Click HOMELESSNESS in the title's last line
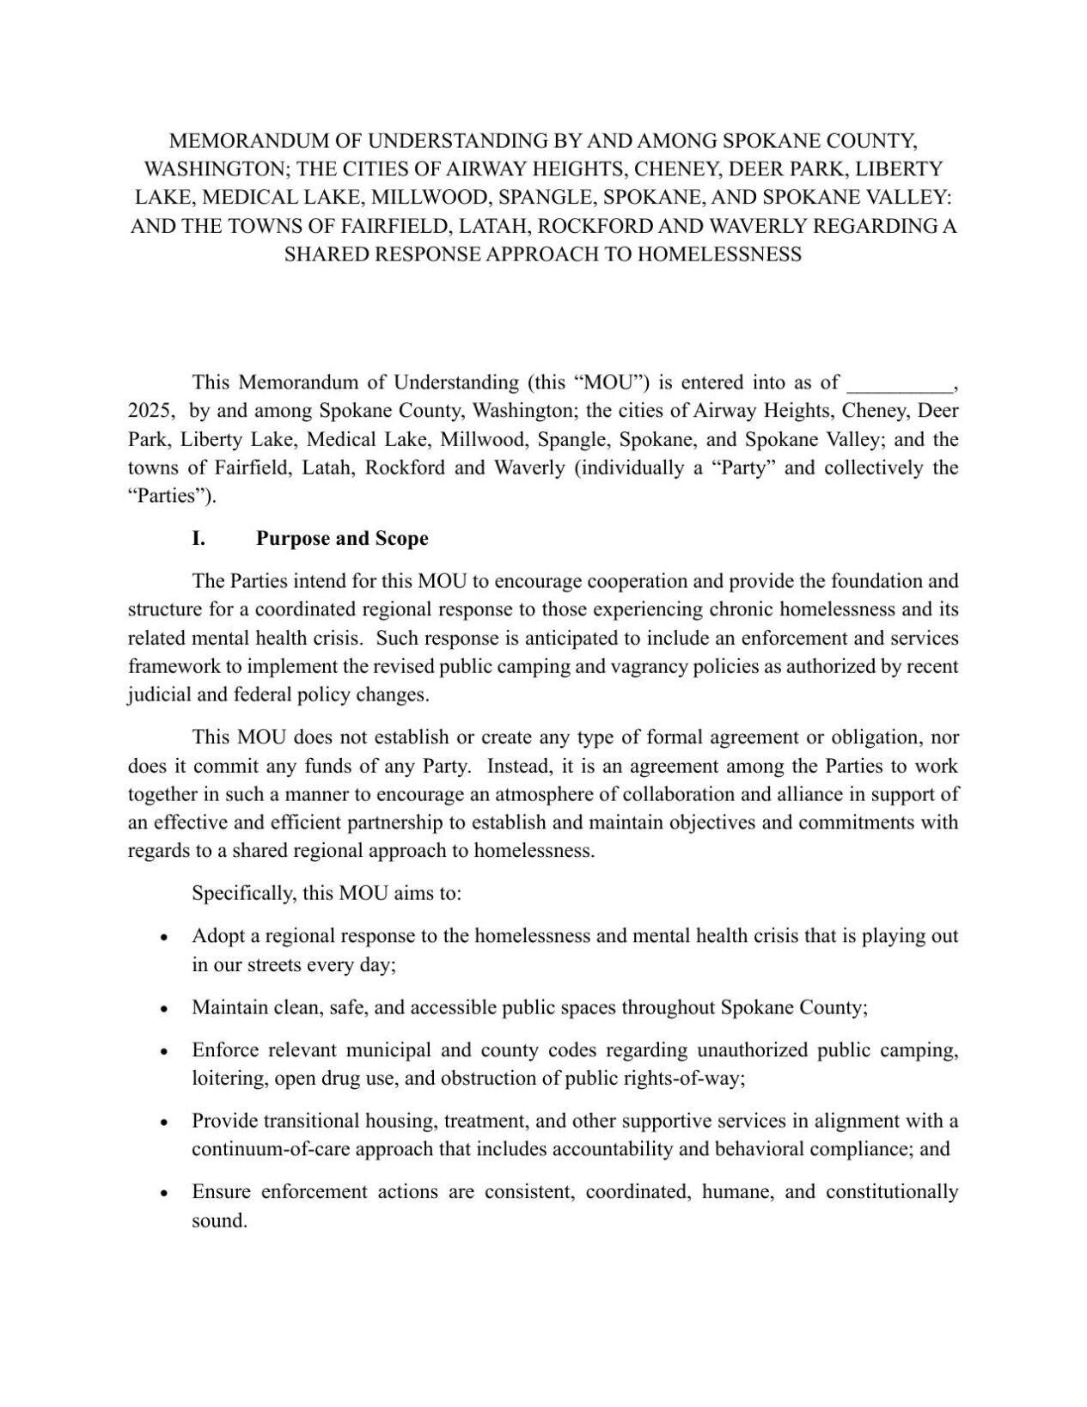point(719,254)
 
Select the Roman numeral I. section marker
point(198,539)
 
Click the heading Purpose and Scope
point(342,539)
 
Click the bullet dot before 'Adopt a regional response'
point(163,938)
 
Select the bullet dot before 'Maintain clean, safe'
point(163,1009)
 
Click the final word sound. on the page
point(219,1221)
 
